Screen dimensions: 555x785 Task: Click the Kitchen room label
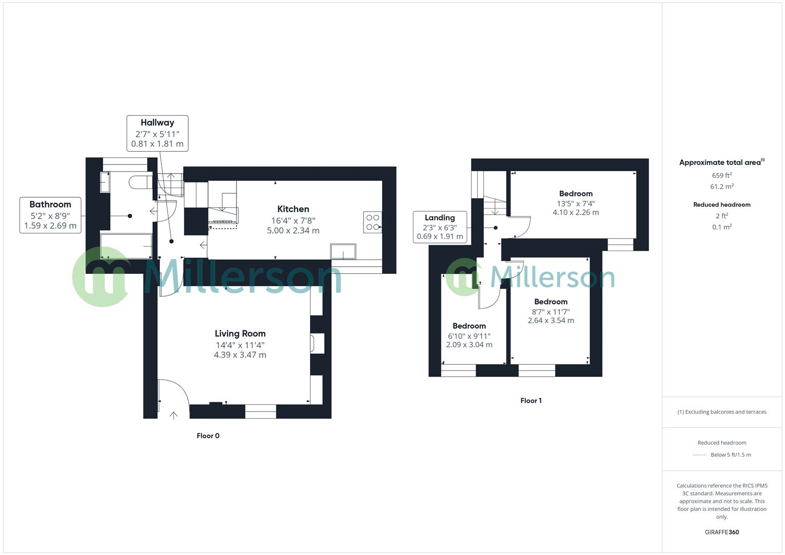pyautogui.click(x=293, y=209)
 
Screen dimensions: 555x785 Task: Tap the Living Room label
pyautogui.click(x=240, y=334)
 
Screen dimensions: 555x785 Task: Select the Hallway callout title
pyautogui.click(x=157, y=123)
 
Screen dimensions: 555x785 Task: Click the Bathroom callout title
pyautogui.click(x=50, y=205)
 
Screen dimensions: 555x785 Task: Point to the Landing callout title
pyautogui.click(x=440, y=218)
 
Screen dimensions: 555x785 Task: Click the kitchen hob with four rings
pyautogui.click(x=373, y=222)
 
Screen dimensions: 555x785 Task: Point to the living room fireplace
pyautogui.click(x=317, y=344)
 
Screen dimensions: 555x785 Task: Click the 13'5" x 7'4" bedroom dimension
pyautogui.click(x=576, y=203)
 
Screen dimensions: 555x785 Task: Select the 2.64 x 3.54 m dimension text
pyautogui.click(x=551, y=321)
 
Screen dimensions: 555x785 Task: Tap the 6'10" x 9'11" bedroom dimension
pyautogui.click(x=469, y=336)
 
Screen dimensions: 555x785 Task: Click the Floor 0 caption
pyautogui.click(x=208, y=436)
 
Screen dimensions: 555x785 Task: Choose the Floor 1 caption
pyautogui.click(x=531, y=401)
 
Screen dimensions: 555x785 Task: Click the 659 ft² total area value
pyautogui.click(x=722, y=176)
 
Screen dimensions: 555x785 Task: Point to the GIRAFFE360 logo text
pyautogui.click(x=722, y=532)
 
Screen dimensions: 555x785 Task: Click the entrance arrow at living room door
pyautogui.click(x=173, y=415)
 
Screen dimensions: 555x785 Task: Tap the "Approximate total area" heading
pyautogui.click(x=720, y=163)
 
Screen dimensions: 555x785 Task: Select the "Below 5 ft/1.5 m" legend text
pyautogui.click(x=731, y=455)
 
